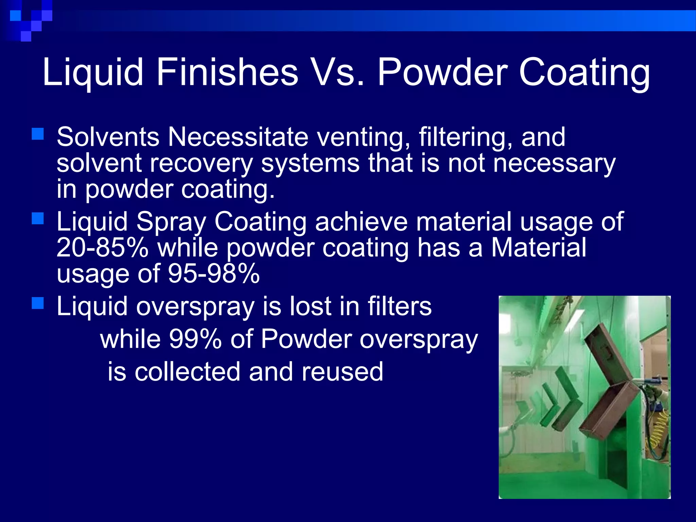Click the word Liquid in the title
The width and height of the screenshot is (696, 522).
coord(92,72)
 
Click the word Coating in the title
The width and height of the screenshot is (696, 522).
coord(584,72)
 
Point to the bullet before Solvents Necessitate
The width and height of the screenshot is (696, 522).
coord(38,134)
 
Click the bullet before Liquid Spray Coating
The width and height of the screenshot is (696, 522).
coord(38,219)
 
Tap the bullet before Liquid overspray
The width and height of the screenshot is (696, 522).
coord(38,303)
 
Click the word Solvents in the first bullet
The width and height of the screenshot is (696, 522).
coord(108,137)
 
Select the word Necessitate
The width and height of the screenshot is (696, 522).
coord(238,137)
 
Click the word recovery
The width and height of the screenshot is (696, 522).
coord(201,164)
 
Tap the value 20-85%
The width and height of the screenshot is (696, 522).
coord(102,247)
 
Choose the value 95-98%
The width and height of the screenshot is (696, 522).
coord(214,274)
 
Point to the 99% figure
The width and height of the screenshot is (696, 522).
coord(195,339)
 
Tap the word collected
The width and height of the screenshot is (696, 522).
coord(188,372)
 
